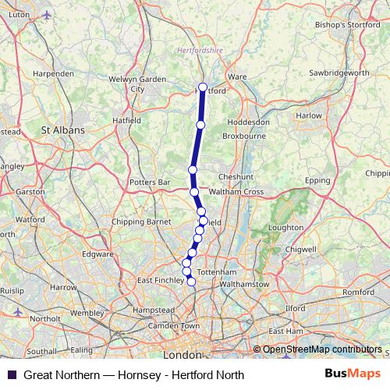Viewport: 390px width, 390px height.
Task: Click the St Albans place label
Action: pyautogui.click(x=62, y=130)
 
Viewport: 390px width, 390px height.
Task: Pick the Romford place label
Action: pyautogui.click(x=358, y=292)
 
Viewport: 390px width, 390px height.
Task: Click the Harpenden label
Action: pyautogui.click(x=53, y=73)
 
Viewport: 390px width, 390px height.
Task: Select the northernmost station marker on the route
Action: pyautogui.click(x=203, y=87)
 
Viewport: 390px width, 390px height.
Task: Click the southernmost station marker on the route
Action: pyautogui.click(x=191, y=281)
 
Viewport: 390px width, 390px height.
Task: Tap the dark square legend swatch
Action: pyautogui.click(x=11, y=374)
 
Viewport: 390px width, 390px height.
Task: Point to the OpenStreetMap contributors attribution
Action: pyautogui.click(x=321, y=350)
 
